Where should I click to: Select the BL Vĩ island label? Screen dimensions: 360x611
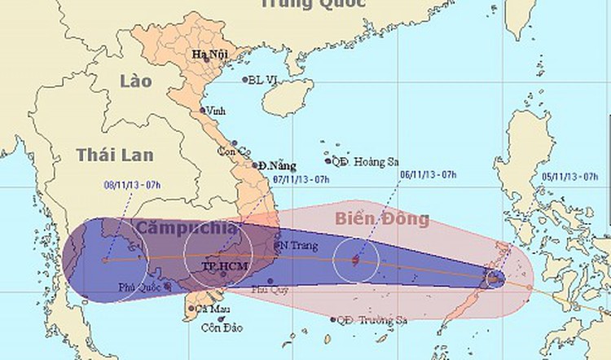click(x=265, y=80)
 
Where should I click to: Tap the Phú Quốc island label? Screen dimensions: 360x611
click(x=136, y=287)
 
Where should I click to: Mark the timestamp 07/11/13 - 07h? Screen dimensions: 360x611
click(x=301, y=178)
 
